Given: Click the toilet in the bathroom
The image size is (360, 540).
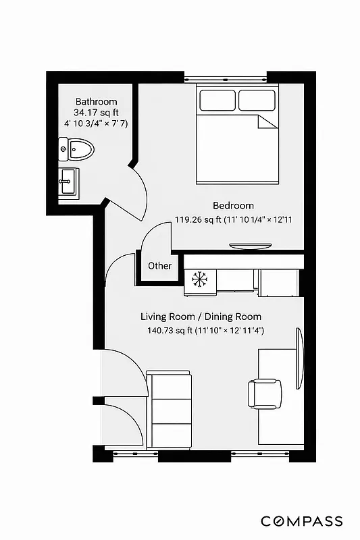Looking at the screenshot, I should click(x=77, y=149).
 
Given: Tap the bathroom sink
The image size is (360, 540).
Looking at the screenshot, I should click(x=68, y=181).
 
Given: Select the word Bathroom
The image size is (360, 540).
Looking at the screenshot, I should click(x=96, y=102).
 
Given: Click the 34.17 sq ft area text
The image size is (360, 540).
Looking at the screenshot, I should click(x=95, y=113).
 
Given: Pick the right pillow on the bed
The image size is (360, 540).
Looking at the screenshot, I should click(x=256, y=100).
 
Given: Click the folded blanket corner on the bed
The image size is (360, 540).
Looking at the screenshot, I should click(x=267, y=122).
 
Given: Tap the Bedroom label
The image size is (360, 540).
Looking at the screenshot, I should click(x=233, y=206).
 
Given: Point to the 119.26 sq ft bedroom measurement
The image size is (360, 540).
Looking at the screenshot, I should click(x=237, y=219).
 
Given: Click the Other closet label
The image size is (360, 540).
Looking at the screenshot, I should click(x=159, y=266).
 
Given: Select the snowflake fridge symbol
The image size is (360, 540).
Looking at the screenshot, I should click(x=199, y=279).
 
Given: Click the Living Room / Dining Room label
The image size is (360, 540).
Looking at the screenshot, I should click(x=201, y=317).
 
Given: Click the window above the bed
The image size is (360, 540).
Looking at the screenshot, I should click(x=225, y=75).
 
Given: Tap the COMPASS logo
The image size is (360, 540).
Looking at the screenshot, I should click(x=301, y=521).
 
